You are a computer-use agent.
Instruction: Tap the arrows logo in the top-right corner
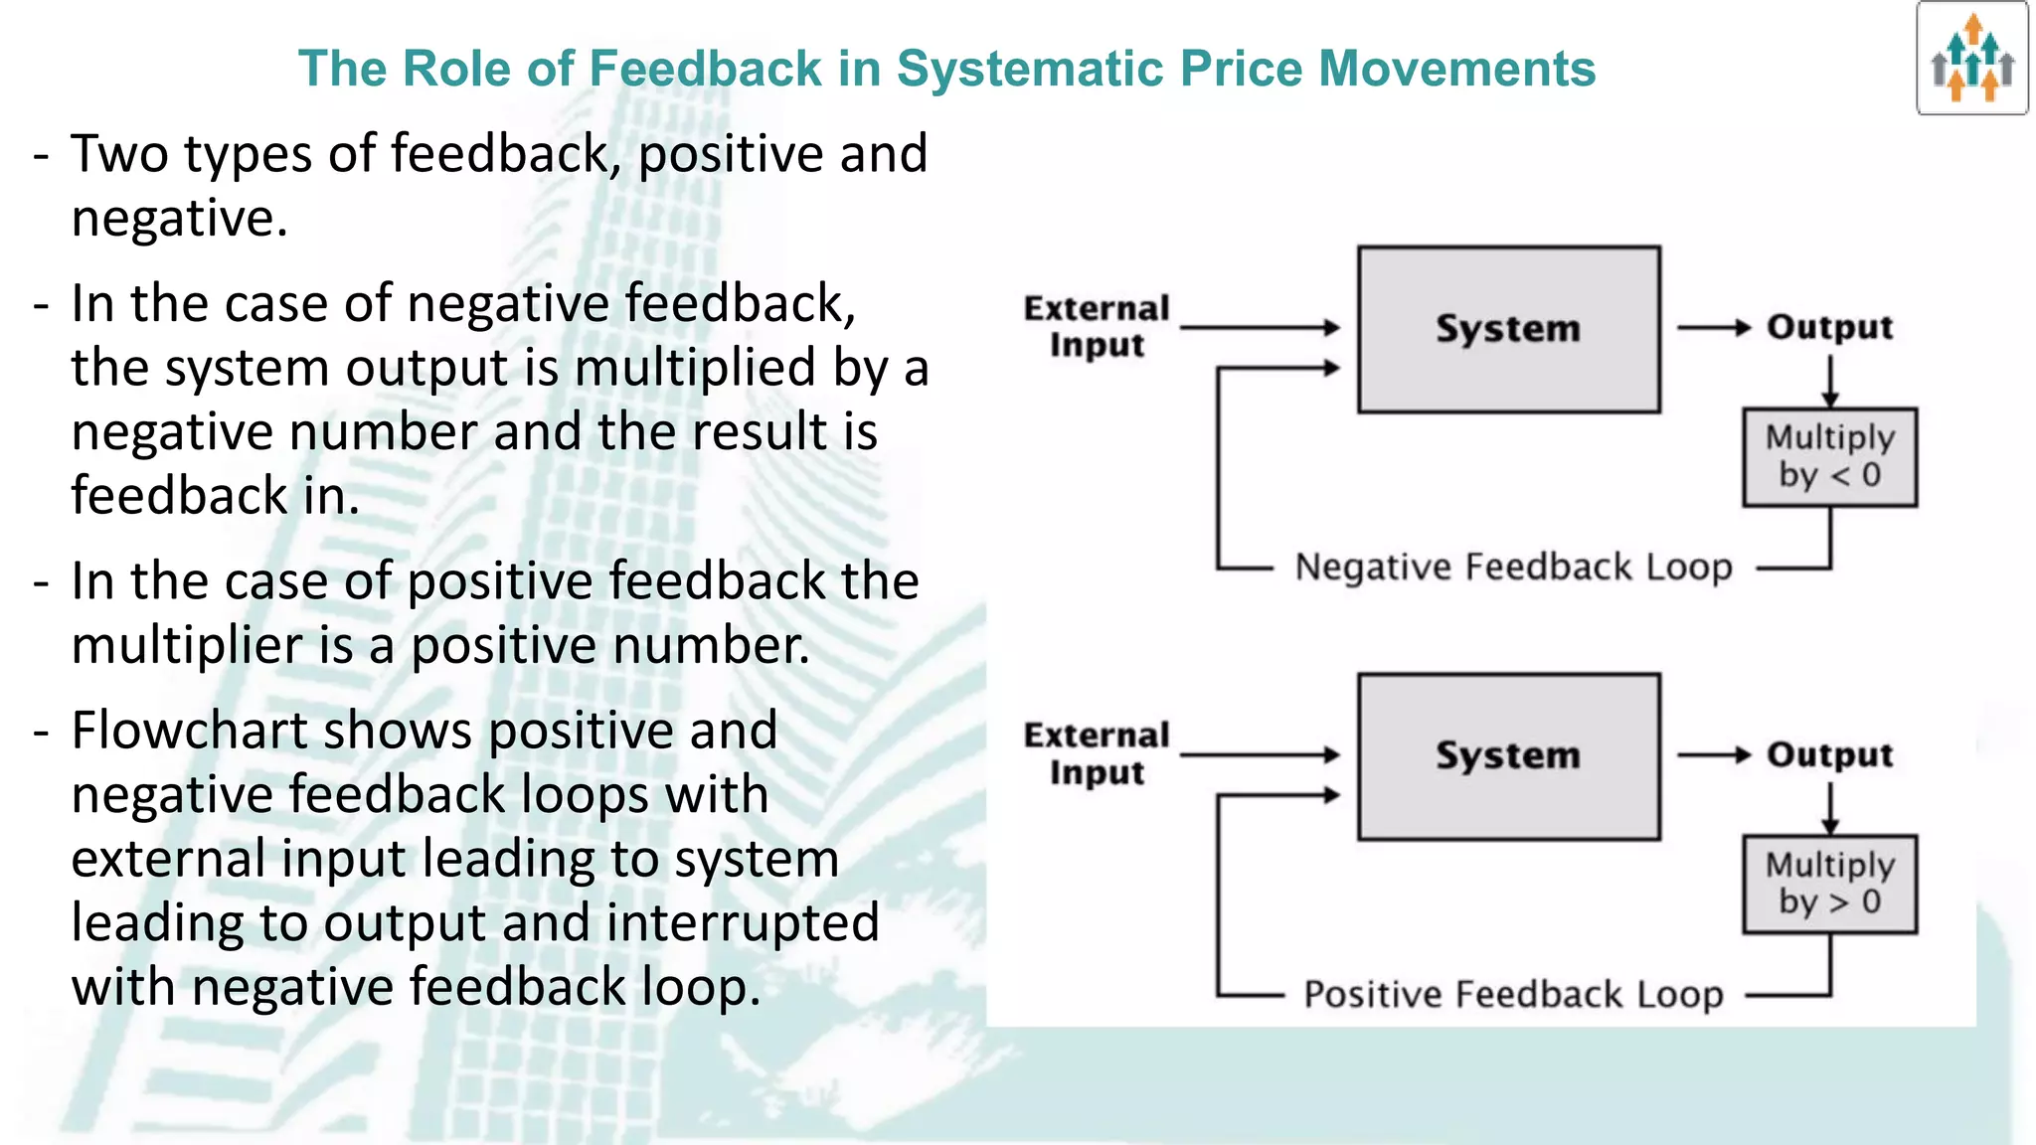pos(1972,59)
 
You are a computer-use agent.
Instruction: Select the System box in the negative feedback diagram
pos(1508,329)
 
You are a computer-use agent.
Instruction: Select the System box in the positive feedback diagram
pos(1508,756)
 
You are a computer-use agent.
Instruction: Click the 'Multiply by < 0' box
pos(1829,457)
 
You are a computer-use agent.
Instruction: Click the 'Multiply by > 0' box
pos(1829,884)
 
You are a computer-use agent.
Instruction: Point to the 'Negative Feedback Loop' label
pos(1513,568)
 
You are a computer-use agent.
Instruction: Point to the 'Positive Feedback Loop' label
pos(1513,994)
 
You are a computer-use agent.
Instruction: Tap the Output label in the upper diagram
pos(1829,327)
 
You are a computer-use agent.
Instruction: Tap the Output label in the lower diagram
pos(1829,754)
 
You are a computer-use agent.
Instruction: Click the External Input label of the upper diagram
pos(1097,326)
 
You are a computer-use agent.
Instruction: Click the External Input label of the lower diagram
pos(1097,753)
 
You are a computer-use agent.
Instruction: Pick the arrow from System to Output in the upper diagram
pos(1712,327)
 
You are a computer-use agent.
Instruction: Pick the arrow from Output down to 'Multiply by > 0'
pos(1830,808)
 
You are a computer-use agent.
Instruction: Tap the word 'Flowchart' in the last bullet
pos(188,732)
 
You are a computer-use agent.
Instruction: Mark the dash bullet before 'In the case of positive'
pos(41,582)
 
